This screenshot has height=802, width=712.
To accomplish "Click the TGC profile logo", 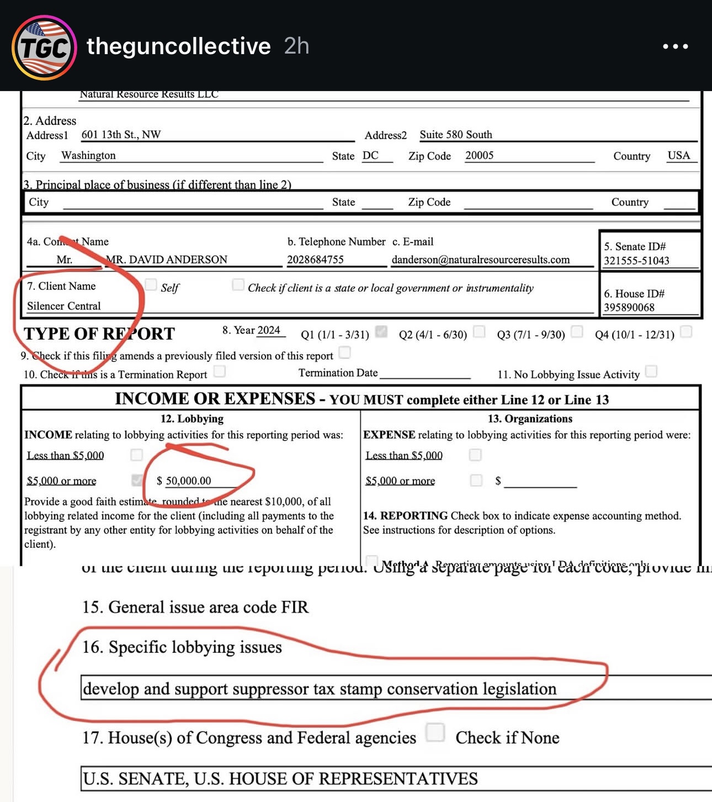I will pyautogui.click(x=44, y=47).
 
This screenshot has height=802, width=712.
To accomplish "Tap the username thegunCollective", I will pyautogui.click(x=178, y=46).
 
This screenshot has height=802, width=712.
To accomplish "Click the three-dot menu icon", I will pyautogui.click(x=675, y=46).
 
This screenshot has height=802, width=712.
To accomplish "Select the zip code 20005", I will pyautogui.click(x=479, y=156).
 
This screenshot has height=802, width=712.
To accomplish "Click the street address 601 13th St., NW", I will pyautogui.click(x=121, y=135).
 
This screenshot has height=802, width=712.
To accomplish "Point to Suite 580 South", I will pyautogui.click(x=455, y=135).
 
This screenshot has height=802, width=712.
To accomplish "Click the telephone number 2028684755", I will pyautogui.click(x=315, y=260).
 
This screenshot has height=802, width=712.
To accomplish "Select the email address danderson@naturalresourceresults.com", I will pyautogui.click(x=480, y=260).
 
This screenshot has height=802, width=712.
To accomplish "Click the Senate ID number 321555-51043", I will pyautogui.click(x=636, y=261).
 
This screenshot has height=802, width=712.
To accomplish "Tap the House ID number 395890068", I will pyautogui.click(x=629, y=308).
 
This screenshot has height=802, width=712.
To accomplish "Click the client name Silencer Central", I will pyautogui.click(x=64, y=306).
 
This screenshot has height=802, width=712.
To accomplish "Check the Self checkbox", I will pyautogui.click(x=151, y=284).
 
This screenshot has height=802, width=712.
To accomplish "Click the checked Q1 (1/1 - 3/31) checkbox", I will pyautogui.click(x=381, y=331).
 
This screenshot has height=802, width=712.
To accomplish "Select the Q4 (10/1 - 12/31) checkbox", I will pyautogui.click(x=686, y=331).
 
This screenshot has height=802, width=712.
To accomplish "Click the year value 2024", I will pyautogui.click(x=269, y=330).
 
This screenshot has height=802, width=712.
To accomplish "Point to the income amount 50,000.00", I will pyautogui.click(x=188, y=481).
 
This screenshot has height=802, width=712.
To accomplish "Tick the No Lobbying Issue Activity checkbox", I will pyautogui.click(x=651, y=371).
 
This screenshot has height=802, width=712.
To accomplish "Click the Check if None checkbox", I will pyautogui.click(x=435, y=732).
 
